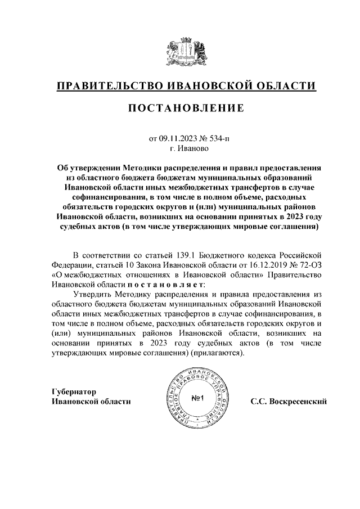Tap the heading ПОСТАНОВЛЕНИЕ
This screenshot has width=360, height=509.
point(179,108)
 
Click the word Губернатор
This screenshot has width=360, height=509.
point(74,391)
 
